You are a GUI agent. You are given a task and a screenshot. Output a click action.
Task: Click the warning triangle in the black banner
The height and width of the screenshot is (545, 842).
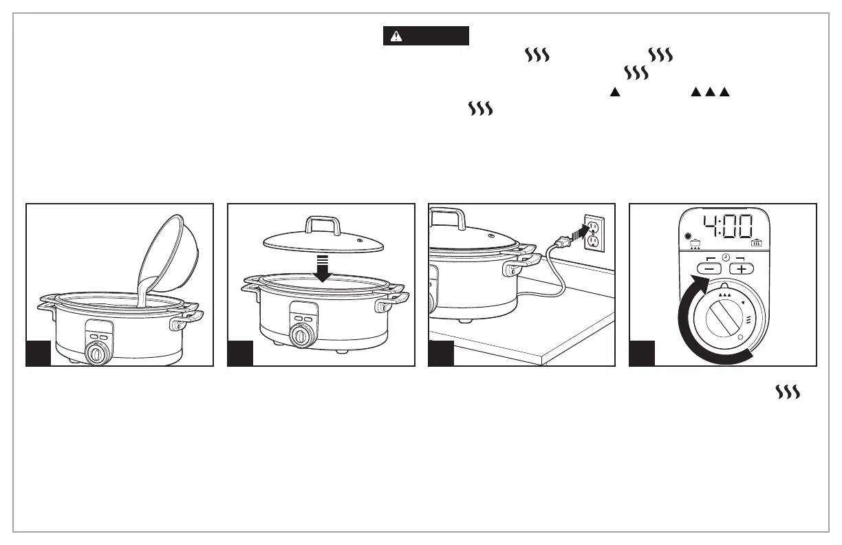point(396,36)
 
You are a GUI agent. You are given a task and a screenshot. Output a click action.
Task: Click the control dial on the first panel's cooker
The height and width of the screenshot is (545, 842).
point(96,354)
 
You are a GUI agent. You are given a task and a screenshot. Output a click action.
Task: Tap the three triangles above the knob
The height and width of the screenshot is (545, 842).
point(724,293)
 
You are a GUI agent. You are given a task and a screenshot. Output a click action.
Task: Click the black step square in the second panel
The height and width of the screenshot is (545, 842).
point(240,353)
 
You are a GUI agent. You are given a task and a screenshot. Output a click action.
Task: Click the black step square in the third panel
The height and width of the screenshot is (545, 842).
point(441,353)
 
